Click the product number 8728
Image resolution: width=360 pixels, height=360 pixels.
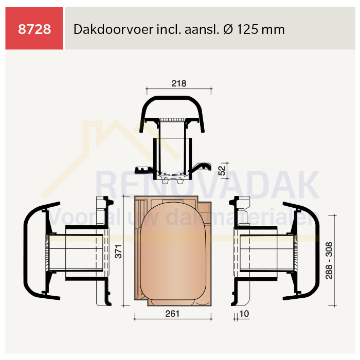tap(34, 29)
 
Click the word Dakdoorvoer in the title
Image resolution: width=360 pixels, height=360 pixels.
tap(113, 29)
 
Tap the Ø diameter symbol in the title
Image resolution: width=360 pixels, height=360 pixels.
tap(228, 29)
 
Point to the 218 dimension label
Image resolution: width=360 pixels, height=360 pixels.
tap(179, 83)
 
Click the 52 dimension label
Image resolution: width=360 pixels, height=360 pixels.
tap(222, 170)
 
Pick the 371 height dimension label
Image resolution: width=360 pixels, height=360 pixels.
tap(118, 251)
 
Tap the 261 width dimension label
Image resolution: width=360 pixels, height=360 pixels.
tap(172, 314)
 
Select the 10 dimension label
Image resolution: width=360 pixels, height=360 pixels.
tap(244, 314)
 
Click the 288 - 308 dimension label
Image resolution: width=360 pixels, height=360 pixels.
tap(329, 261)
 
